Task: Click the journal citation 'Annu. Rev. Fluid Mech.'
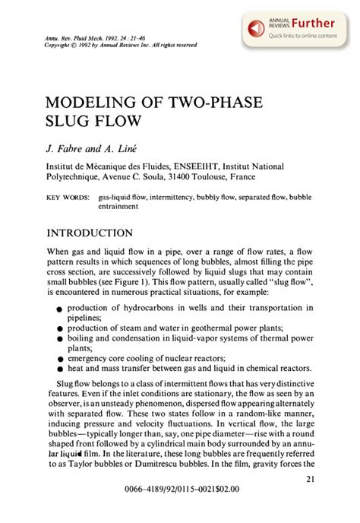tap(76, 40)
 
